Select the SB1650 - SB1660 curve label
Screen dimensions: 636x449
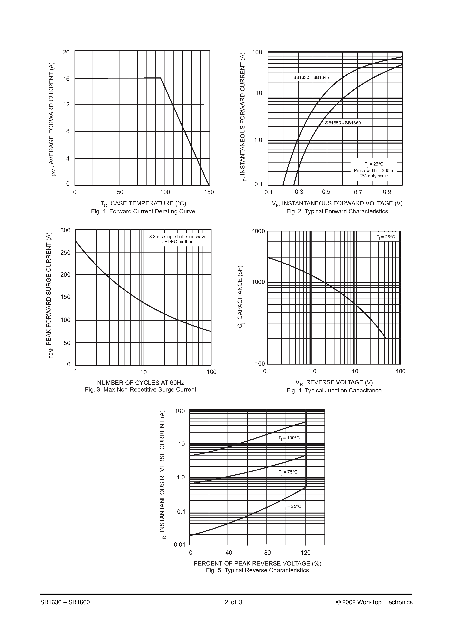point(343,123)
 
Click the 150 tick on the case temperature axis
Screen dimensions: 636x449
point(209,192)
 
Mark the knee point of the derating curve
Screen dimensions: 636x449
point(161,78)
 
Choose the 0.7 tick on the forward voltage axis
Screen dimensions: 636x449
point(358,192)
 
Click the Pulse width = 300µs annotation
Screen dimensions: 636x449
point(374,171)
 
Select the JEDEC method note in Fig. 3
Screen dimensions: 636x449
point(178,242)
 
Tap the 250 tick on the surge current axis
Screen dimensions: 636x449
point(65,253)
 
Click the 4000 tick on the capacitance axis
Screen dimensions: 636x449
point(258,231)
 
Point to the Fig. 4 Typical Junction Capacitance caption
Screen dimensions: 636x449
point(334,391)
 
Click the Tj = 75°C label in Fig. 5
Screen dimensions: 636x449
point(288,472)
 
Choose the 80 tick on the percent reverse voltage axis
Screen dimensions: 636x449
point(267,553)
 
